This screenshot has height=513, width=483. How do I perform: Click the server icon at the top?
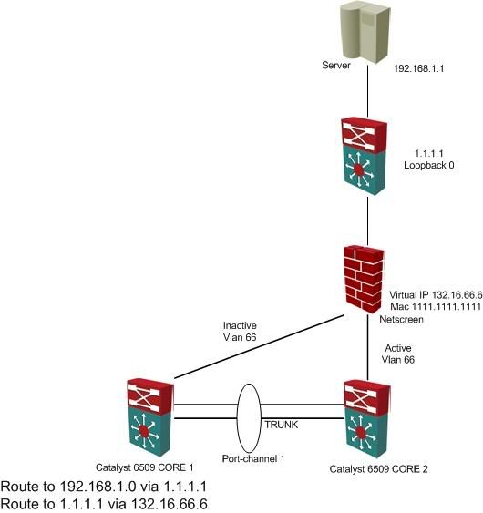(365, 32)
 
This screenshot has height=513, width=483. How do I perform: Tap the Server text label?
(336, 65)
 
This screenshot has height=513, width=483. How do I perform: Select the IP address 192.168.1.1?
(418, 68)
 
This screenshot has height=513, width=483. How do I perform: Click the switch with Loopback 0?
(364, 156)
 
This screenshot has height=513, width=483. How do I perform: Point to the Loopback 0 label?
(429, 165)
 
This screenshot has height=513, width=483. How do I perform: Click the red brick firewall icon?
(364, 279)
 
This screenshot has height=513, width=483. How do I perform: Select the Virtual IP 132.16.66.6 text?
(436, 295)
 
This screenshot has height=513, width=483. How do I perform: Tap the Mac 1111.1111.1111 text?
(436, 306)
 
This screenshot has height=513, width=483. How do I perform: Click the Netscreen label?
(401, 319)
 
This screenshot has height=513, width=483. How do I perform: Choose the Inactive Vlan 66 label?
(240, 332)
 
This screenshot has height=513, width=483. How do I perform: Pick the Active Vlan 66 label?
(398, 354)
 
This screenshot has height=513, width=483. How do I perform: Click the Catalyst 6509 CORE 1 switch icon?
(150, 417)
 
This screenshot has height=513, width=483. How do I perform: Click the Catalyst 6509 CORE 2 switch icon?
(367, 419)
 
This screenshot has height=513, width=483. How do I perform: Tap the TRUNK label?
(282, 425)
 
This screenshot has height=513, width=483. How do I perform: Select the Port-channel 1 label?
(253, 458)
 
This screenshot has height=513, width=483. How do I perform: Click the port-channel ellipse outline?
(237, 418)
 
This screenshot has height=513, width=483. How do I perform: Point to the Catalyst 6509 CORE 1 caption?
(145, 467)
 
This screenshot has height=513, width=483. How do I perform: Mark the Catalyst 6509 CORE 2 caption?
(378, 469)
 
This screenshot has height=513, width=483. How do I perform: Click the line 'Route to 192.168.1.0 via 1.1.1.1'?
(104, 487)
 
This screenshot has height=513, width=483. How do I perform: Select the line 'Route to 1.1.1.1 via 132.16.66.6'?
(104, 504)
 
